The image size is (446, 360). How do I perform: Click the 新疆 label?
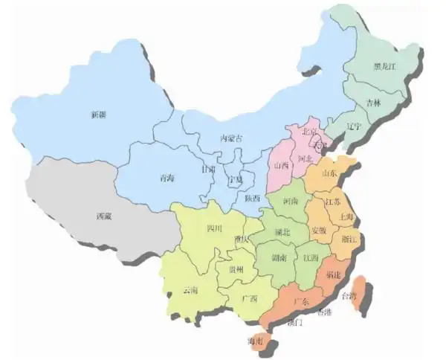coord(97,115)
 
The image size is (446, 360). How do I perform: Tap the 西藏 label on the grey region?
coord(105,216)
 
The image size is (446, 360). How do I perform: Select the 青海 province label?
coord(167,179)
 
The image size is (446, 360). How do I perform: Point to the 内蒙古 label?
coord(231,138)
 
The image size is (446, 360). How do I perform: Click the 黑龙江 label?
coord(386,66)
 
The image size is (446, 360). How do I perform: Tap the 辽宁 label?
coord(353,126)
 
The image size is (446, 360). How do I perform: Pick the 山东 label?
coord(329,173)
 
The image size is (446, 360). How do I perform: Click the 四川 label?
coord(214,228)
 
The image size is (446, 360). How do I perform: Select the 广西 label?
coord(249,299)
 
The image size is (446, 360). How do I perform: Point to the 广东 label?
coord(302,301)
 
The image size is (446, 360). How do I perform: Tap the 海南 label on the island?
coord(255,341)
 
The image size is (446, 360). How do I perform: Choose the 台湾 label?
coord(349,296)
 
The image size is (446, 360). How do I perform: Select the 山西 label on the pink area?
coord(281,165)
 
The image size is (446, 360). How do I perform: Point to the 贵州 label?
coord(236,269)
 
